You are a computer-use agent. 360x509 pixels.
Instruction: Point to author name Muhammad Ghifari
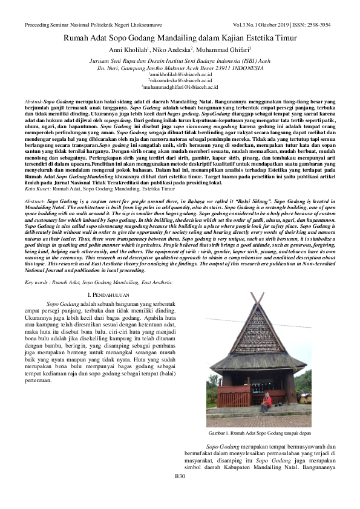225,50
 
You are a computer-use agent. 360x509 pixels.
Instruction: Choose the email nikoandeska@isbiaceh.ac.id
180,80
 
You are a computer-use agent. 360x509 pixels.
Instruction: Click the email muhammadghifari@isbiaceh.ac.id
180,86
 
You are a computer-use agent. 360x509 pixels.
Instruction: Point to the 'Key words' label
39,282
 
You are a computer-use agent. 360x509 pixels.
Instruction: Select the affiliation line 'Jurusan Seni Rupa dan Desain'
180,61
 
